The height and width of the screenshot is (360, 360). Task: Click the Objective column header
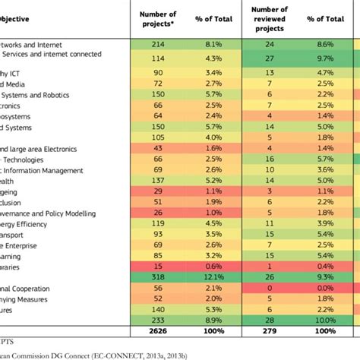pos(16,19)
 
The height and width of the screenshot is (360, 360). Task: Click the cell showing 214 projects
pos(159,45)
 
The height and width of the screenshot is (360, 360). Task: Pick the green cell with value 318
pos(159,279)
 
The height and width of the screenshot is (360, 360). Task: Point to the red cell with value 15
pos(159,267)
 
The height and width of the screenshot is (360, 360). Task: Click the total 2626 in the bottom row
pos(159,332)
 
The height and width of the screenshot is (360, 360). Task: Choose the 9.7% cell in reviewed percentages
pos(325,58)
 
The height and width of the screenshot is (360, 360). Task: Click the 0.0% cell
pos(325,289)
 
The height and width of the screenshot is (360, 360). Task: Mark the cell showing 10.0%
pos(325,321)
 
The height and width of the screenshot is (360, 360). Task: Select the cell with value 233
pos(159,321)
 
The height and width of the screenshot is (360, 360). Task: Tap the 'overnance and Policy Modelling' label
pos(53,213)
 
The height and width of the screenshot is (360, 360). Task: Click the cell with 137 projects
pos(159,181)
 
